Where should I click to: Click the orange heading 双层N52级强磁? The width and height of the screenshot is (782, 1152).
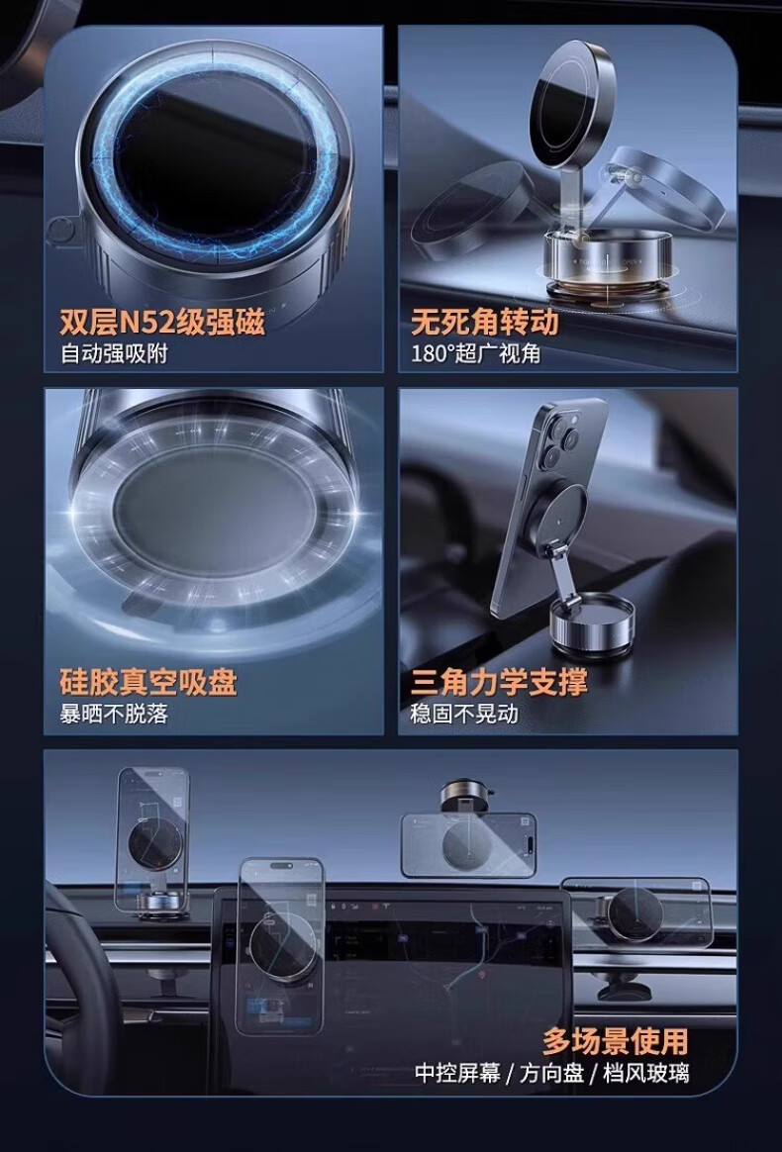(x=161, y=324)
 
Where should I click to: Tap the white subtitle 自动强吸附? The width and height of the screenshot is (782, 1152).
(x=114, y=354)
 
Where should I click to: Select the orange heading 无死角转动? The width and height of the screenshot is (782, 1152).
(x=485, y=324)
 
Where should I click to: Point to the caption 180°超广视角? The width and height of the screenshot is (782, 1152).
(x=475, y=354)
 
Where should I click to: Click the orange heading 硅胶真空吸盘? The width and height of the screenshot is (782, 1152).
(x=148, y=683)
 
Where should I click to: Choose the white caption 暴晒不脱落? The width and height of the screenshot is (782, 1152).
(x=114, y=715)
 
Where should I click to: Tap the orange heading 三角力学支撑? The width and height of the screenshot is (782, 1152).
(x=499, y=683)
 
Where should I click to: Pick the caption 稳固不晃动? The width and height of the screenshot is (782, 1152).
(x=464, y=715)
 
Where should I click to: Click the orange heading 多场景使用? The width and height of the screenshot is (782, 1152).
(x=615, y=1041)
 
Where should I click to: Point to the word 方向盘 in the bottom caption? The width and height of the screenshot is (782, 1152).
(x=552, y=1074)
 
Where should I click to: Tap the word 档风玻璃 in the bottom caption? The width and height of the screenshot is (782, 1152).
(x=646, y=1074)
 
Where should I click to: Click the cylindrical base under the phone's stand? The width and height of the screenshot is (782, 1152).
(x=592, y=624)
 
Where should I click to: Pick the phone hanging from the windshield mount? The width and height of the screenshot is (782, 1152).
(x=468, y=845)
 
